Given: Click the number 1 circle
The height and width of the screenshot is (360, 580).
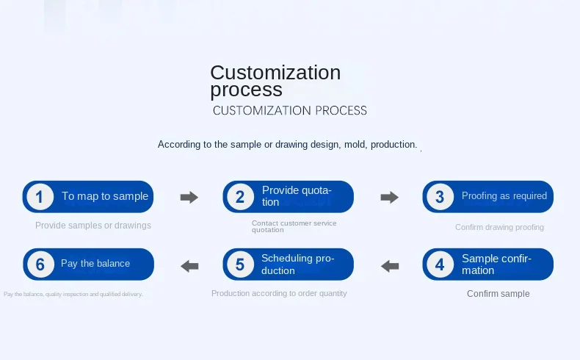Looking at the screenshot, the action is tap(40, 197).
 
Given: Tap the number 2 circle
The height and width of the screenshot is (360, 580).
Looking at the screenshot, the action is tap(239, 197).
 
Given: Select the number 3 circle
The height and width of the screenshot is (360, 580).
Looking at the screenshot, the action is tap(440, 197).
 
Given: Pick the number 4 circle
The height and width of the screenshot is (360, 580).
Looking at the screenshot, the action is tap(440, 264).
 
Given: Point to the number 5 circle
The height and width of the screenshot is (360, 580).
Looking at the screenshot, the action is tap(239, 264).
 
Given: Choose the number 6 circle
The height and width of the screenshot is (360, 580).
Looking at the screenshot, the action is tap(40, 264).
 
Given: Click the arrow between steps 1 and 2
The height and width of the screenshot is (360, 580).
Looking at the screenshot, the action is tap(189, 197).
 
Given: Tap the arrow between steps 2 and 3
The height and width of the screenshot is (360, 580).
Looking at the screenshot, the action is tap(389, 197).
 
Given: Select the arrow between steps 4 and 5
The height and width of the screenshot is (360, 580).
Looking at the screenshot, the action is tap(389, 265).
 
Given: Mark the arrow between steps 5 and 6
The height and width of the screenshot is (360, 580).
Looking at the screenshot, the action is tap(189, 265).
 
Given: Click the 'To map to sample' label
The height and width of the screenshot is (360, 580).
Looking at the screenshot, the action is tap(105, 196).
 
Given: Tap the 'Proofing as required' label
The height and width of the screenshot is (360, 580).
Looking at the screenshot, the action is tap(504, 196).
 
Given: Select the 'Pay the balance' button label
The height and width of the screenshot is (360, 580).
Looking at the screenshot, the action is tap(95, 264).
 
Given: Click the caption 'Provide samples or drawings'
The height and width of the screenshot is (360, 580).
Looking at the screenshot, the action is tap(93, 226).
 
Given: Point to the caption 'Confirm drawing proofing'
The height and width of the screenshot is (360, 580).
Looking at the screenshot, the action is tap(499, 227).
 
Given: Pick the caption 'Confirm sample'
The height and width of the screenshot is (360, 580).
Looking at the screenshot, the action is tap(499, 294).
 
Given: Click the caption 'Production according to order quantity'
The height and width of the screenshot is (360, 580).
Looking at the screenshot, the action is tap(279, 293).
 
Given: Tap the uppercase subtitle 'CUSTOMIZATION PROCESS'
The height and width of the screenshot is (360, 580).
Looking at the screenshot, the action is tap(289, 111).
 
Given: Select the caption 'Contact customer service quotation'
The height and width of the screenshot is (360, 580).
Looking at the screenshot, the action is tap(294, 226).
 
